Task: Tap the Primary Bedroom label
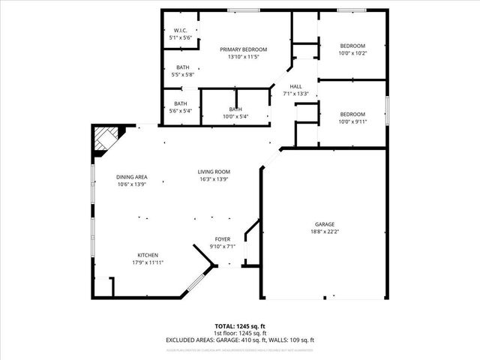pyautogui.click(x=243, y=49)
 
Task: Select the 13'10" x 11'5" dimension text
pyautogui.click(x=243, y=56)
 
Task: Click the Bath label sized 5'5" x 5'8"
pyautogui.click(x=182, y=67)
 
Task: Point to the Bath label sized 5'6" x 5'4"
pyautogui.click(x=181, y=104)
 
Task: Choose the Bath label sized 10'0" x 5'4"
pyautogui.click(x=235, y=110)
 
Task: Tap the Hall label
pyautogui.click(x=295, y=86)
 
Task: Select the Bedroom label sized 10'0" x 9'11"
pyautogui.click(x=352, y=113)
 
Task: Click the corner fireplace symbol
pyautogui.click(x=103, y=140)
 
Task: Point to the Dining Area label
pyautogui.click(x=131, y=176)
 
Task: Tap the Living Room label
pyautogui.click(x=214, y=172)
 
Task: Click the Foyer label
pyautogui.click(x=223, y=239)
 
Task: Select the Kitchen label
pyautogui.click(x=148, y=255)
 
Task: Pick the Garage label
pyautogui.click(x=325, y=224)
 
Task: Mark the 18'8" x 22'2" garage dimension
pyautogui.click(x=325, y=232)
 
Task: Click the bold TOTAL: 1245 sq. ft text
pyautogui.click(x=239, y=326)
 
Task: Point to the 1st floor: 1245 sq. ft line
pyautogui.click(x=239, y=333)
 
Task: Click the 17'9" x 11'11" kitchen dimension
pyautogui.click(x=148, y=262)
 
